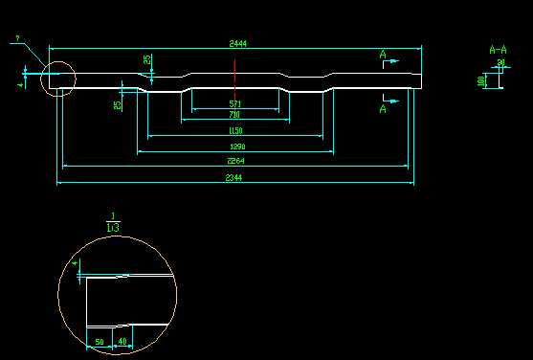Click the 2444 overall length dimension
click(235, 44)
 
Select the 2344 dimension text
click(233, 178)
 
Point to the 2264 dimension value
click(234, 162)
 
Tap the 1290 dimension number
click(236, 146)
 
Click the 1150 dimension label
click(235, 131)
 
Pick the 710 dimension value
click(235, 115)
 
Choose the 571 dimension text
click(235, 102)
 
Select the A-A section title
click(498, 49)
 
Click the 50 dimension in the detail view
click(100, 341)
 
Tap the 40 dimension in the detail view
click(122, 341)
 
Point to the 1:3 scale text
click(113, 228)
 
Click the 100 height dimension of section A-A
click(481, 81)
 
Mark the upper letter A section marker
click(383, 56)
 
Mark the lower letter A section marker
click(383, 109)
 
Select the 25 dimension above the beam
click(147, 60)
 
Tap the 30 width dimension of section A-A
click(500, 63)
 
